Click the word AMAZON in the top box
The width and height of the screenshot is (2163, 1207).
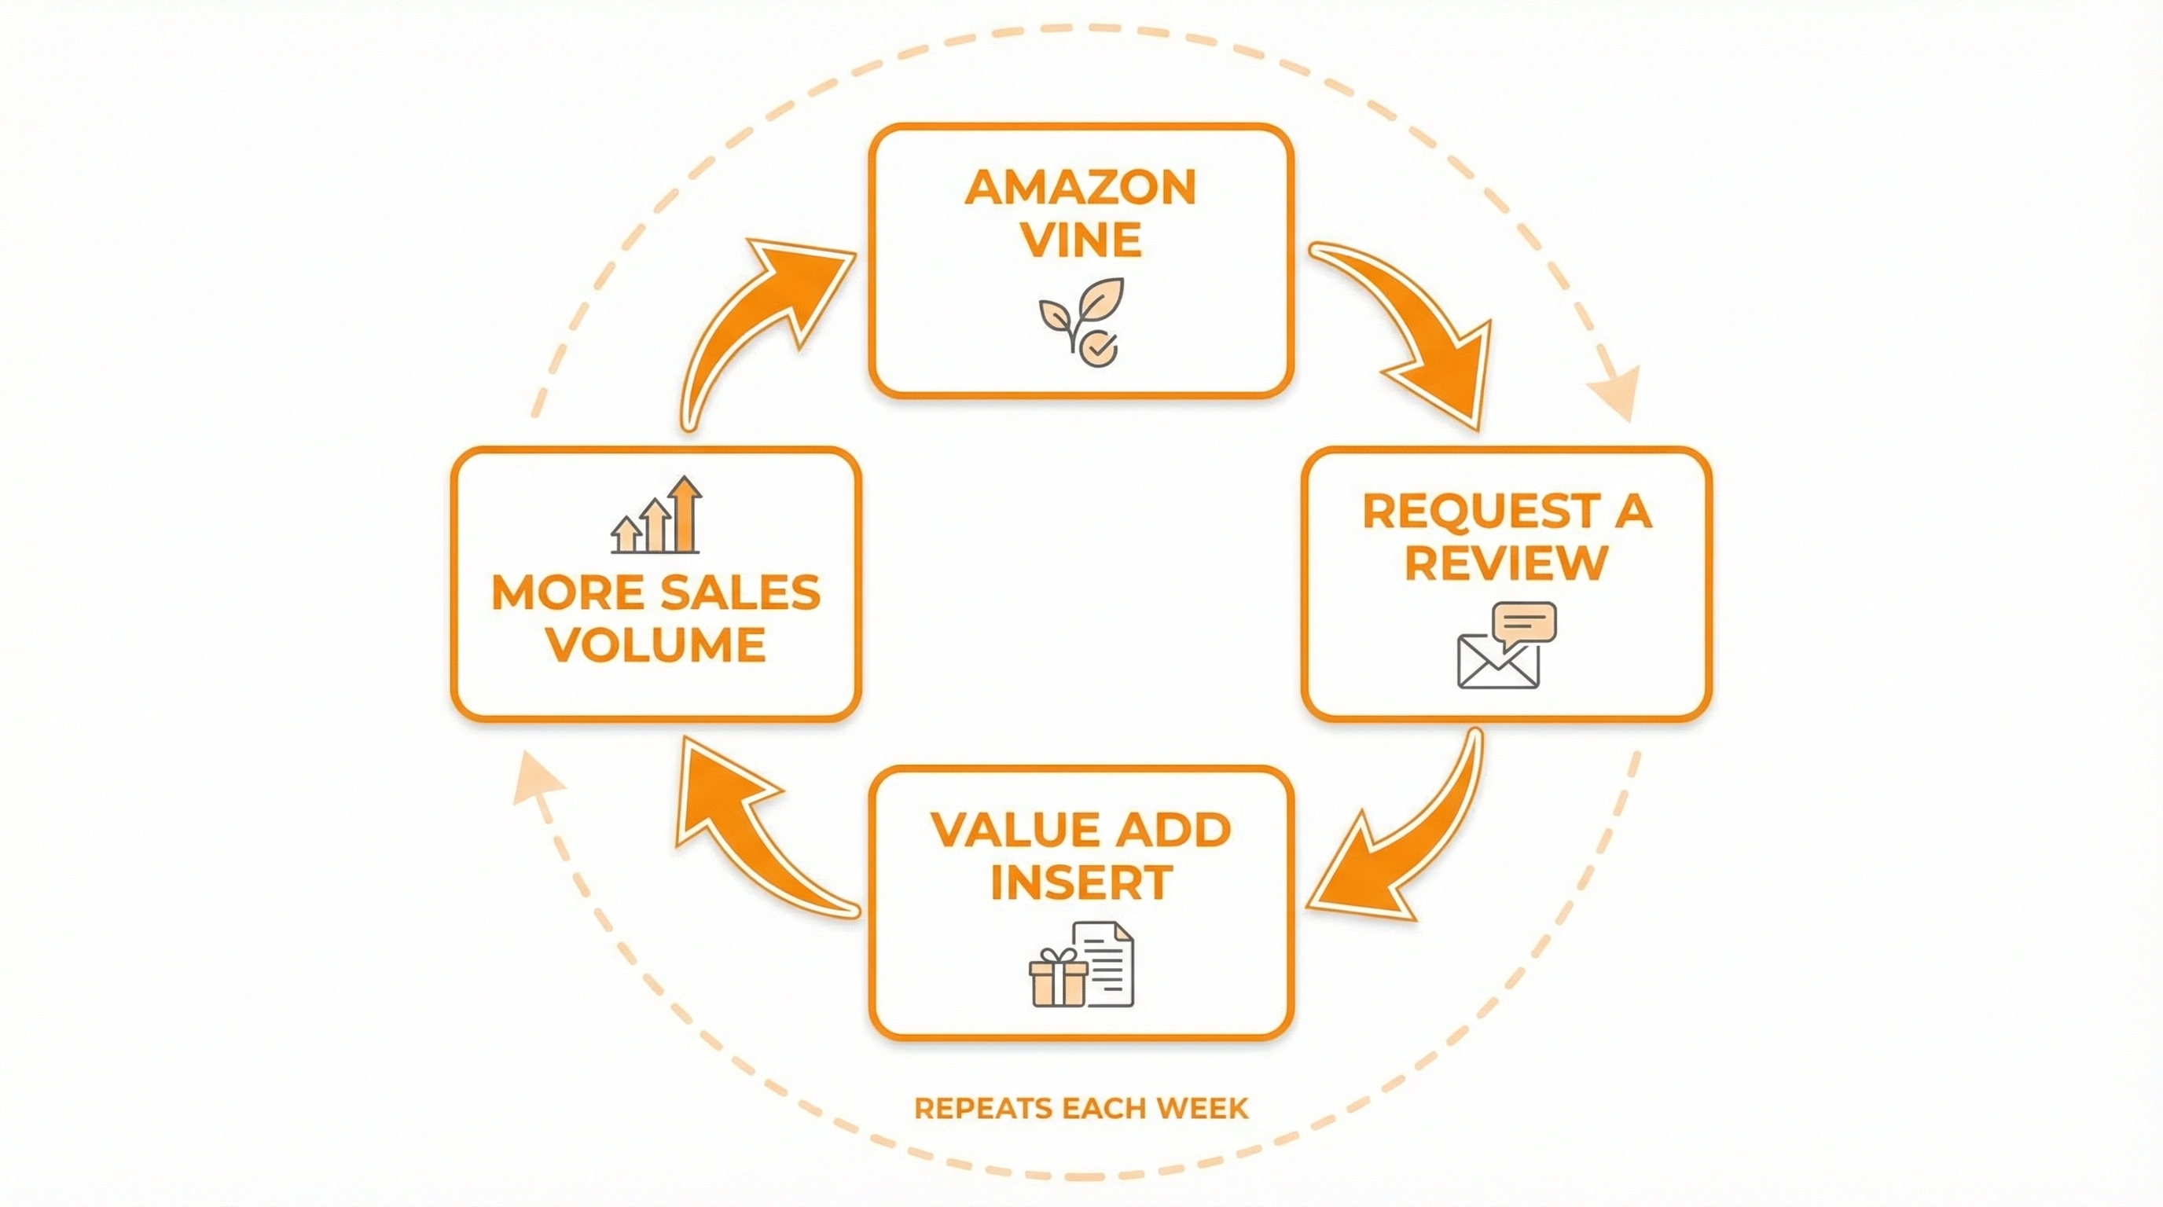tap(1080, 187)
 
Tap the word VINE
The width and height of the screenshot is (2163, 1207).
tap(1081, 240)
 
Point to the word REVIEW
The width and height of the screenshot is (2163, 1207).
tap(1506, 563)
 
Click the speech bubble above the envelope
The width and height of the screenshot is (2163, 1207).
tap(1525, 624)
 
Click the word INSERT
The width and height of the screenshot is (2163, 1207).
tap(1081, 882)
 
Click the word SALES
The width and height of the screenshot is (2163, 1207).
tap(739, 593)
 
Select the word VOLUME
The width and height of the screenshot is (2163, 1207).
tap(656, 644)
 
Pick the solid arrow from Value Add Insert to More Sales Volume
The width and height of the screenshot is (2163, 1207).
tap(747, 831)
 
